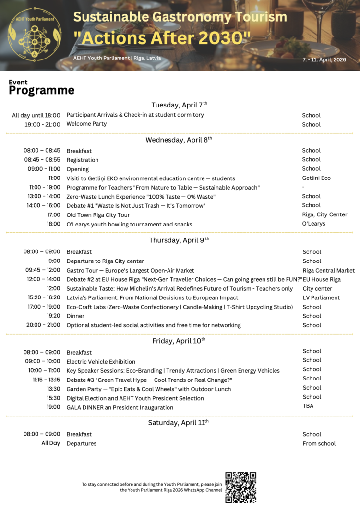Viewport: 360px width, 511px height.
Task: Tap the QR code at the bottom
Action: tap(240, 487)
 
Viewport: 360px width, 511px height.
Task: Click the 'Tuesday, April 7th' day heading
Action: tap(179, 105)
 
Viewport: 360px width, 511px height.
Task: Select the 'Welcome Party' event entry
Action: tap(86, 124)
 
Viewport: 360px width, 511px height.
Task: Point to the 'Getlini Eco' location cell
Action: tap(316, 178)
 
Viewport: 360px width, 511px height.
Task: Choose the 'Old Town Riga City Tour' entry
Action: tap(98, 215)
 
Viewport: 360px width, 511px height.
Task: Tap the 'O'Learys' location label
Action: tap(313, 224)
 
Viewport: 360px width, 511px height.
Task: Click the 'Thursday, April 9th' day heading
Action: tap(179, 240)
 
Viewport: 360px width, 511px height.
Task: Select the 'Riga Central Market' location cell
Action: tap(328, 270)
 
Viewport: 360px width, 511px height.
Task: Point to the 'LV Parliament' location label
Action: tap(321, 297)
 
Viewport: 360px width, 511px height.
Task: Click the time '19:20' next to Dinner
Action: tap(53, 316)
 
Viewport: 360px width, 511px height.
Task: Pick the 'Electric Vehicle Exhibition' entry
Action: tap(101, 362)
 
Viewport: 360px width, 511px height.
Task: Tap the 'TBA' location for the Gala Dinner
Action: tap(308, 406)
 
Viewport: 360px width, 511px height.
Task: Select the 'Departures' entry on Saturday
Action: tap(81, 444)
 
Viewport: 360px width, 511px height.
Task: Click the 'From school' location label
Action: tap(319, 444)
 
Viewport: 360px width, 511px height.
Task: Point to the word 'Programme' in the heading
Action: tap(42, 90)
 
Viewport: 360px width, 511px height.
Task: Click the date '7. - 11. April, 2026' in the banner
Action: tap(324, 60)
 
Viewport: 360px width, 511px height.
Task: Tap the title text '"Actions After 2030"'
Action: tap(162, 36)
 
